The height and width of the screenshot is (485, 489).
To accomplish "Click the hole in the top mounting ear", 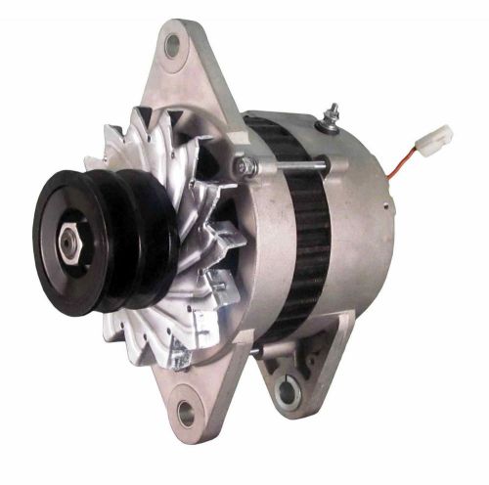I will coord(176,43).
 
